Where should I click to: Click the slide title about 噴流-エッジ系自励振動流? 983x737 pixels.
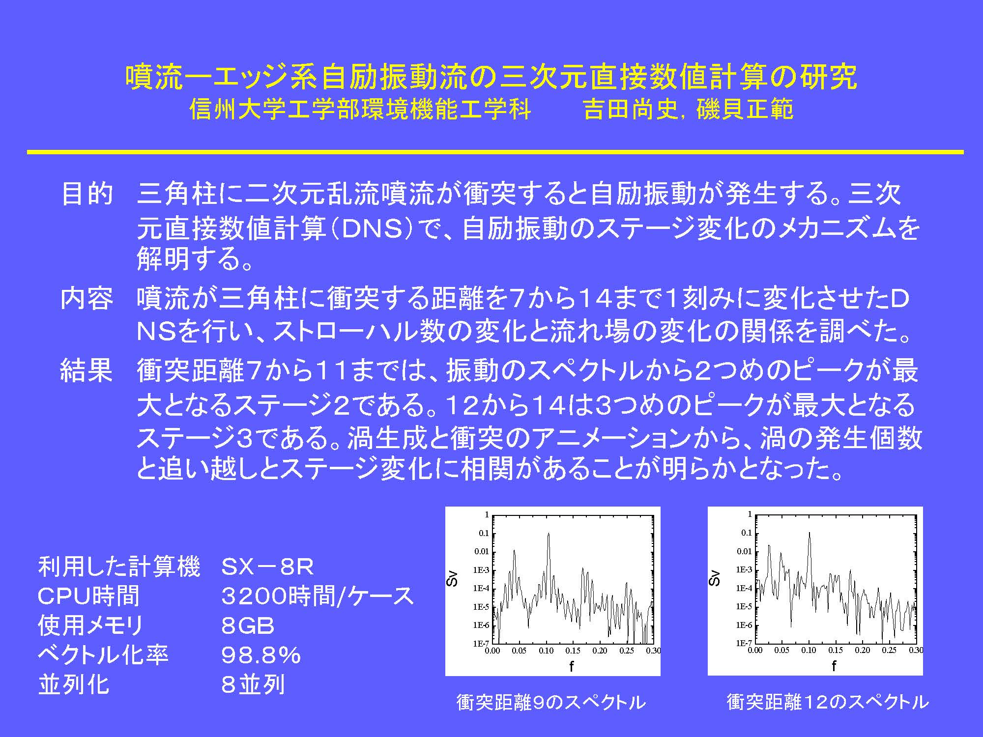pyautogui.click(x=491, y=77)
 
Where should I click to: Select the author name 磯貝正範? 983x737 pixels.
pyautogui.click(x=745, y=109)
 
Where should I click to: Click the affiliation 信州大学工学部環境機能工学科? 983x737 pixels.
pyautogui.click(x=361, y=109)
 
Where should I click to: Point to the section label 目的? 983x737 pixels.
pyautogui.click(x=87, y=194)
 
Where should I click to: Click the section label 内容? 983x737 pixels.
pyautogui.click(x=87, y=298)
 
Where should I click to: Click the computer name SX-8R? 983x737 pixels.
pyautogui.click(x=267, y=567)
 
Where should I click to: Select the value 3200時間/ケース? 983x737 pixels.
pyautogui.click(x=318, y=596)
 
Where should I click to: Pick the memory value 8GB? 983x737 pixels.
pyautogui.click(x=248, y=625)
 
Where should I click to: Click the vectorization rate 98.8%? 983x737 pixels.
pyautogui.click(x=261, y=655)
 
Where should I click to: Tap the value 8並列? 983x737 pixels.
pyautogui.click(x=253, y=684)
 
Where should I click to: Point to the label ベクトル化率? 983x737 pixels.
pyautogui.click(x=103, y=655)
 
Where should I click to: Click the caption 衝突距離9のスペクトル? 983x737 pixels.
pyautogui.click(x=551, y=702)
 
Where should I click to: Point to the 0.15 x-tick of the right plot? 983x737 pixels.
pyautogui.click(x=836, y=650)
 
